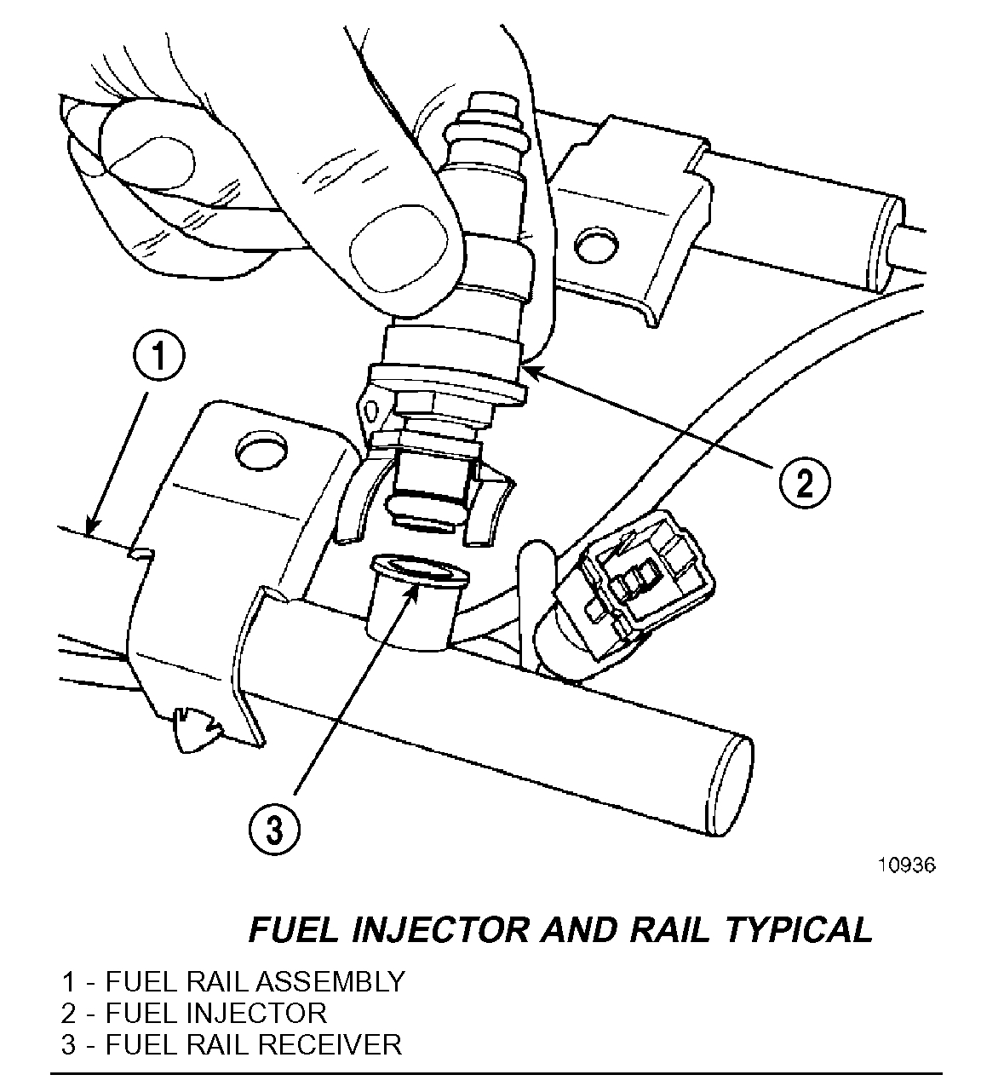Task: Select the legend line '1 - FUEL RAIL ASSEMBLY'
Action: [x=232, y=981]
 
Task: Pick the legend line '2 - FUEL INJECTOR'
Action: [x=193, y=1013]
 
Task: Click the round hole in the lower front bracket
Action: [x=261, y=453]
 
